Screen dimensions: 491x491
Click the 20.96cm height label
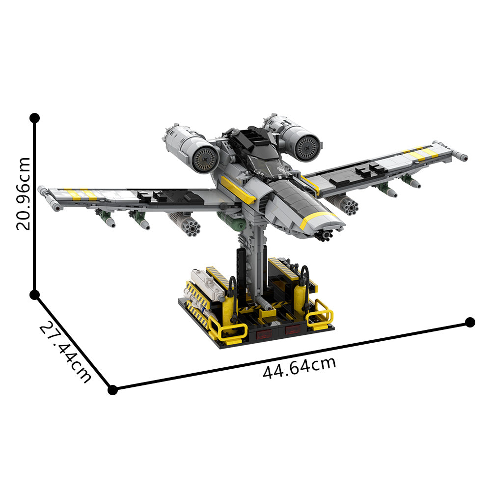click(24, 194)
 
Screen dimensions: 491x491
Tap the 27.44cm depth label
click(65, 352)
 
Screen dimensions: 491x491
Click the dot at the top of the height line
click(34, 118)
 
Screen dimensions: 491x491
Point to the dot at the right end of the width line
click(470, 322)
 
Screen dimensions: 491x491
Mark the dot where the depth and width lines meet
click(112, 390)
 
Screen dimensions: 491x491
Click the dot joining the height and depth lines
click(34, 295)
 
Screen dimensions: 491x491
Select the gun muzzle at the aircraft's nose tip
click(325, 235)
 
